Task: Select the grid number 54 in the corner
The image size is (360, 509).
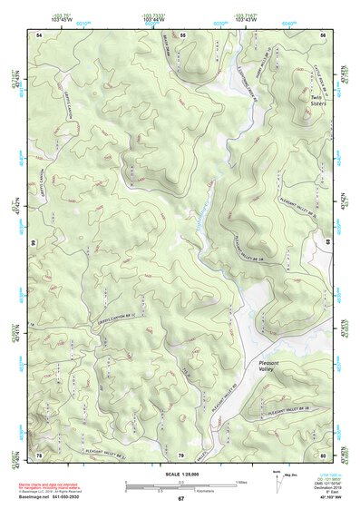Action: [x=39, y=34]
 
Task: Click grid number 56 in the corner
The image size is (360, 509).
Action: [x=323, y=34]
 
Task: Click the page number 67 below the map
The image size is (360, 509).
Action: [x=180, y=499]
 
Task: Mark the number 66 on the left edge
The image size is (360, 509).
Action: [x=32, y=243]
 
